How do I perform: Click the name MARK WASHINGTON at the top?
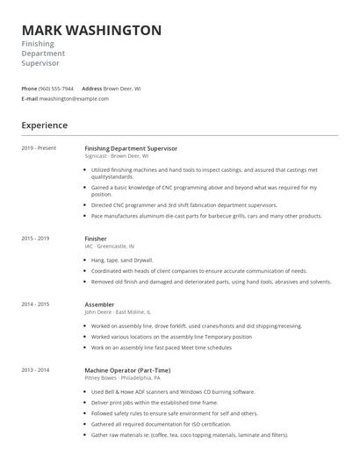91,30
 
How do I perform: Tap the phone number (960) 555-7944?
56,89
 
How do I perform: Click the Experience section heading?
44,125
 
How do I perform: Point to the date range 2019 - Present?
39,148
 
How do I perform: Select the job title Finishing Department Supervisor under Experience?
131,148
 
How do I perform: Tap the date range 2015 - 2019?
35,239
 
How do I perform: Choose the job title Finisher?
96,239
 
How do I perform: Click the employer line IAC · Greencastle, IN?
110,247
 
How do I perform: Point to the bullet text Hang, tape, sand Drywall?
123,261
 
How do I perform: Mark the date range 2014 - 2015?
35,304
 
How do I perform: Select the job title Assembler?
99,304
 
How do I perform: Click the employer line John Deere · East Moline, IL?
118,312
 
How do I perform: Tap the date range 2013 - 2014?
35,370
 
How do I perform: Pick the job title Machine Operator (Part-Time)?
129,370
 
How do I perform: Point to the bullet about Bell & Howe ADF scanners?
173,392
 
